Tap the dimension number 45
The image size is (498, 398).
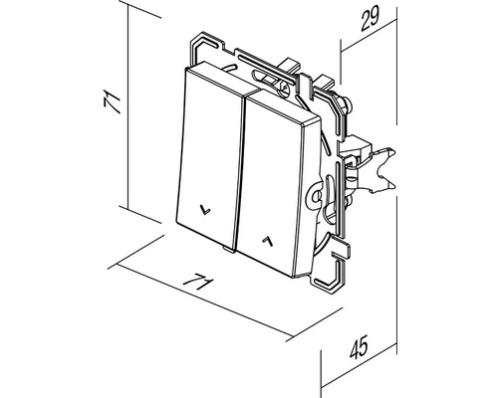point(360,346)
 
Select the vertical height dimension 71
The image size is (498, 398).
point(112,101)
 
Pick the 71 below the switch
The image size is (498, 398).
point(198,282)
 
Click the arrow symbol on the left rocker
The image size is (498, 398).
point(205,210)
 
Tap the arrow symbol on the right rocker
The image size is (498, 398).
point(268,242)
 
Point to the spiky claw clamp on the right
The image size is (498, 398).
point(381,169)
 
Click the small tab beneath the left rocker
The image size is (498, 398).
point(229,249)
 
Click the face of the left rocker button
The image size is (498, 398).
point(208,156)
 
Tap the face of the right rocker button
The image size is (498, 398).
point(271,186)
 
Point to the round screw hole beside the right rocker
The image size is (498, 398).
point(316,195)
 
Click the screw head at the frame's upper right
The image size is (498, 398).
point(346,100)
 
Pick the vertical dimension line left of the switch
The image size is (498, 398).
point(128,106)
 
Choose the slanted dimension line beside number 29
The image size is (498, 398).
point(369,35)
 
